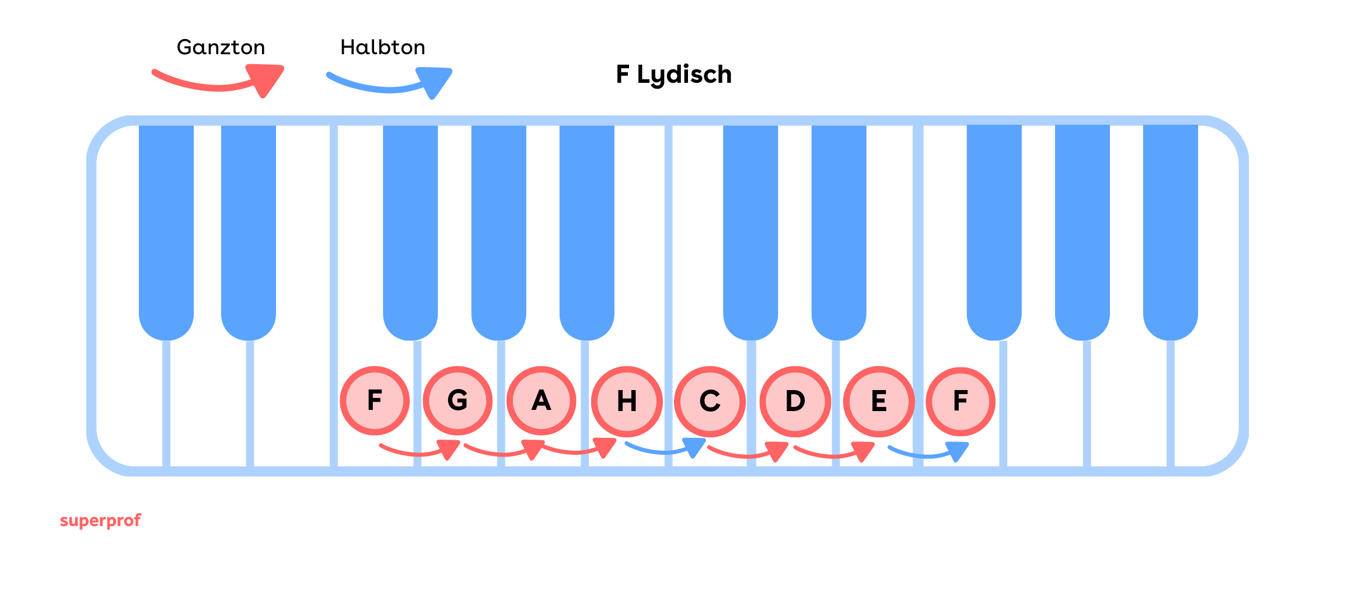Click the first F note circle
point(375,401)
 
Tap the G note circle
point(458,401)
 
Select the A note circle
point(542,401)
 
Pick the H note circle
point(627,401)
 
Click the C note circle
point(710,401)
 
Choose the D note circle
point(795,401)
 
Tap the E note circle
point(879,401)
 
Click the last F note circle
point(961,401)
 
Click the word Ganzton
point(221,47)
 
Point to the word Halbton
point(383,47)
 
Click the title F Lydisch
point(674,75)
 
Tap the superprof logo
point(100,520)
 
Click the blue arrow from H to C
point(665,450)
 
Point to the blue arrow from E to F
point(928,452)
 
